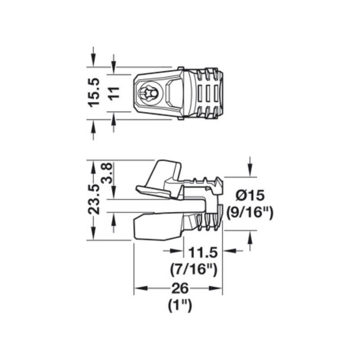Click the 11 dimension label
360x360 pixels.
pyautogui.click(x=114, y=93)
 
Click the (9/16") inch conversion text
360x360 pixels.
pyautogui.click(x=250, y=212)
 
